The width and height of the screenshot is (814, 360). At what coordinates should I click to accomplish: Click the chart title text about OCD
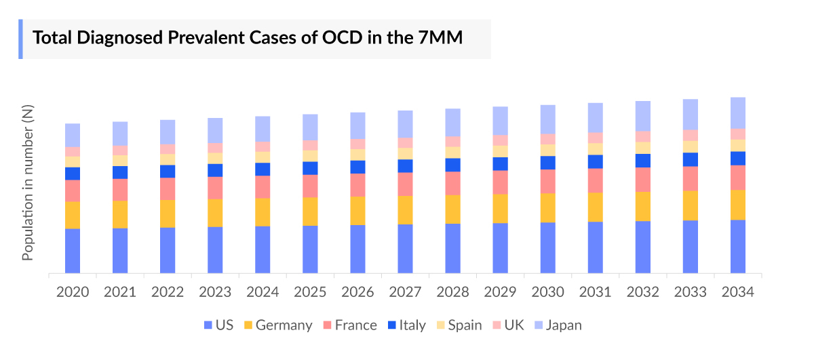pyautogui.click(x=248, y=38)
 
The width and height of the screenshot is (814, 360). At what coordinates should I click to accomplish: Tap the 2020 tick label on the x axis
pyautogui.click(x=73, y=292)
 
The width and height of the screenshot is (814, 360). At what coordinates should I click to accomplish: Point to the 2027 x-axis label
pyautogui.click(x=405, y=292)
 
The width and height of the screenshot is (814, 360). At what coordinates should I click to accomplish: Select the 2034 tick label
pyautogui.click(x=737, y=292)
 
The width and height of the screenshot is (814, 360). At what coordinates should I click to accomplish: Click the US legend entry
pyautogui.click(x=218, y=325)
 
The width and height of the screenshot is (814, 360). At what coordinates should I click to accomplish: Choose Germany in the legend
pyautogui.click(x=277, y=325)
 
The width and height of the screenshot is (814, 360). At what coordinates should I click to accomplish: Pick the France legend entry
pyautogui.click(x=349, y=325)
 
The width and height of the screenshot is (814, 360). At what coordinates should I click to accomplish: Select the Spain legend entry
pyautogui.click(x=459, y=325)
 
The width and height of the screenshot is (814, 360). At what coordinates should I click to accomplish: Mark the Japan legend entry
pyautogui.click(x=558, y=325)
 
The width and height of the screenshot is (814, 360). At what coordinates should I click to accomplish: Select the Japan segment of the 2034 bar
pyautogui.click(x=737, y=113)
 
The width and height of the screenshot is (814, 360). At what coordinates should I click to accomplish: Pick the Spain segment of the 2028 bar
pyautogui.click(x=452, y=153)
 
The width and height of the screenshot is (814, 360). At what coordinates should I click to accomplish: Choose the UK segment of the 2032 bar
pyautogui.click(x=642, y=136)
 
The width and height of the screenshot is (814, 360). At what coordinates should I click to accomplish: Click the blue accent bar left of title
pyautogui.click(x=20, y=39)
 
